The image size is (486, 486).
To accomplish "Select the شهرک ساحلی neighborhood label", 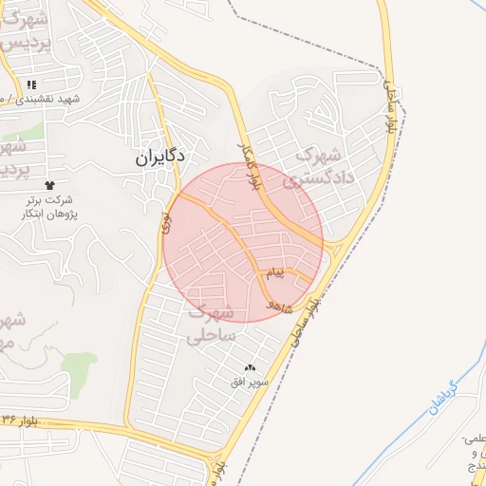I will [210, 324].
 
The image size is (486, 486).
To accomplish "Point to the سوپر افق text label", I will [251, 382].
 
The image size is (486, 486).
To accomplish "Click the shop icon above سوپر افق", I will [251, 367].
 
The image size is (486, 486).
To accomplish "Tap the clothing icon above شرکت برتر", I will [49, 184].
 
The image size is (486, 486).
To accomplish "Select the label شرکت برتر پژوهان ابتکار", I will [49, 208].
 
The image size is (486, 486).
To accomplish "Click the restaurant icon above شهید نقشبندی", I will [31, 84].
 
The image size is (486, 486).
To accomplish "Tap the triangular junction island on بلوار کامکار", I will [329, 249].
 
